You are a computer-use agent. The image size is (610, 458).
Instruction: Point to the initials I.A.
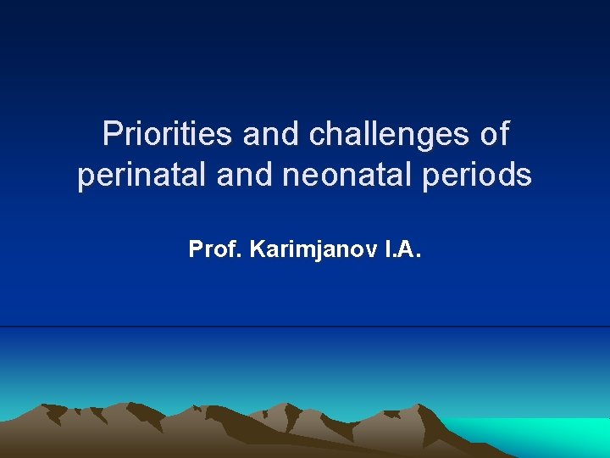(x=401, y=249)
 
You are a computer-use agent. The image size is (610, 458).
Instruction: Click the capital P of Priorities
(x=111, y=134)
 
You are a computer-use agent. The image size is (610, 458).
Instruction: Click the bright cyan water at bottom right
(x=551, y=437)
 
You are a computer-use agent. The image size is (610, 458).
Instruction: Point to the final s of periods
(x=524, y=176)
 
